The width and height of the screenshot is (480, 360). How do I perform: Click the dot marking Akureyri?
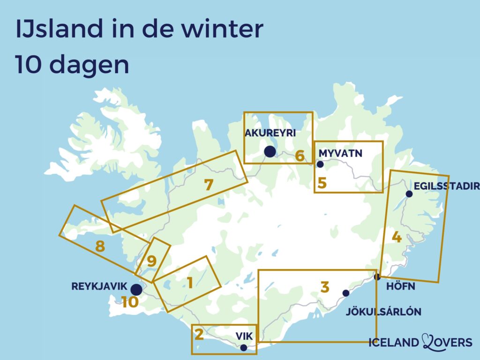(x=270, y=151)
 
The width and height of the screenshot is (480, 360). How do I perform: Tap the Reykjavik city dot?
(x=136, y=289)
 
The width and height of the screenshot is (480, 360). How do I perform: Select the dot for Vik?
(x=243, y=348)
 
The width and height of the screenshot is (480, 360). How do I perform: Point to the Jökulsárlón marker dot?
(x=346, y=293)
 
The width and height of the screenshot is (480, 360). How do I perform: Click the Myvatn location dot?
(x=321, y=164)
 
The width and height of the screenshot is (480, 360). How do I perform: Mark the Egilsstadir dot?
(x=409, y=194)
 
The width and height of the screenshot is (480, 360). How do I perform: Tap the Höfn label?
(x=401, y=286)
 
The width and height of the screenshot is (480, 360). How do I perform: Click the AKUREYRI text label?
(x=270, y=133)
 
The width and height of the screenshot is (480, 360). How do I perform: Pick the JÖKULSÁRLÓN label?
(x=383, y=312)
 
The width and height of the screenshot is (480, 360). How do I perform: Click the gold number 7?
(x=209, y=185)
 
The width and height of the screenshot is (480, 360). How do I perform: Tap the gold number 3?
(x=325, y=287)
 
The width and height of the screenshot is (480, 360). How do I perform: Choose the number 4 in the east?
(x=397, y=237)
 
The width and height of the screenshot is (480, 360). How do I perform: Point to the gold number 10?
(x=130, y=302)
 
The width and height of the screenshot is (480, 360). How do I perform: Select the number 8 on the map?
(x=99, y=246)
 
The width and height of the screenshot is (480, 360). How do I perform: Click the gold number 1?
(x=190, y=283)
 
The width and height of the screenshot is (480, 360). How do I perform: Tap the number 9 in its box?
(x=151, y=261)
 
